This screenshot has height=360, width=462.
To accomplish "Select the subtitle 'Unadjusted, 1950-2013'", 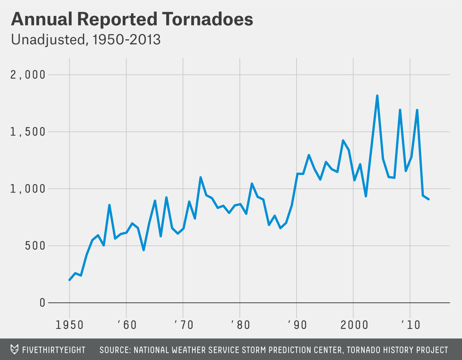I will click(86, 40).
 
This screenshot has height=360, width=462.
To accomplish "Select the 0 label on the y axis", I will click(42, 303).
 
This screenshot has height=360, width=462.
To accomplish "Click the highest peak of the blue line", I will click(377, 95).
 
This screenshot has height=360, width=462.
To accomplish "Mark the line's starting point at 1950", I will click(69, 280).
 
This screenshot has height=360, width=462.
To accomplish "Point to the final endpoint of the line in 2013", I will click(428, 199).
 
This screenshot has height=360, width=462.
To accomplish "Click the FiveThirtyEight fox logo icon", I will click(15, 349).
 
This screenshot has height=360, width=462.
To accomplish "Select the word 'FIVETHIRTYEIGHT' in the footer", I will click(54, 350).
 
